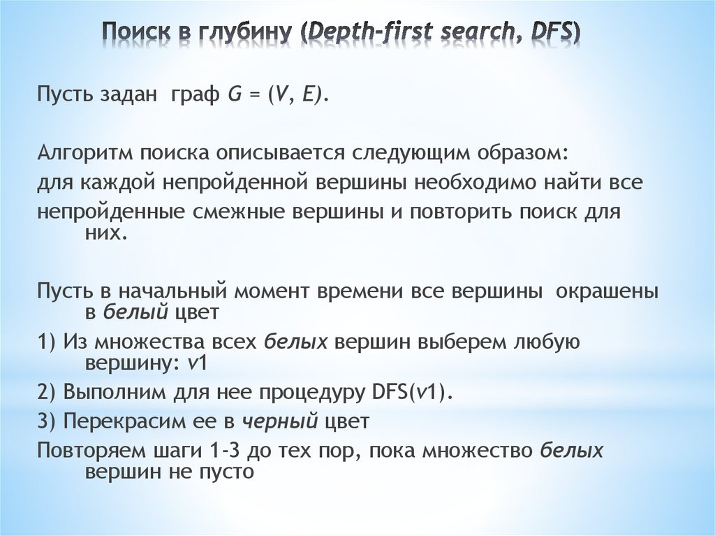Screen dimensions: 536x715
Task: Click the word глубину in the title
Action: tap(237, 31)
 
